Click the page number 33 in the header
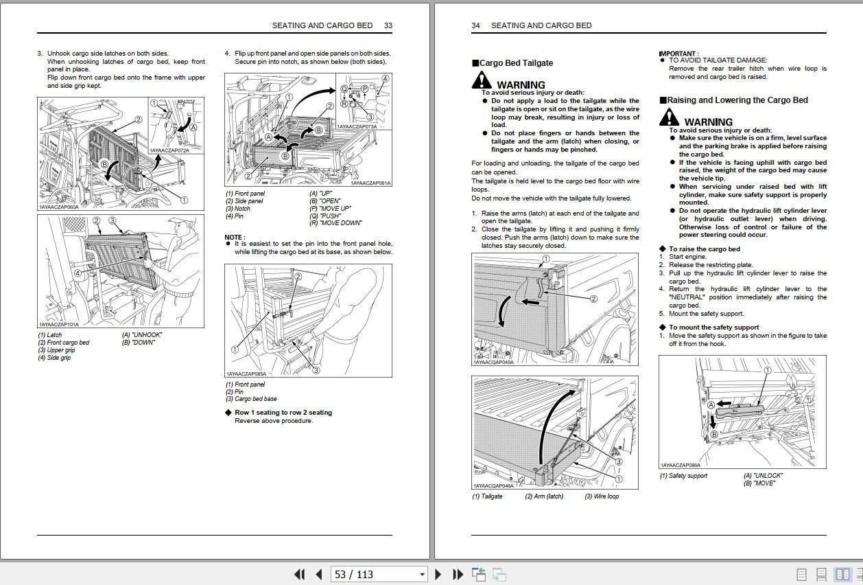click(388, 25)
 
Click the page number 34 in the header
click(475, 25)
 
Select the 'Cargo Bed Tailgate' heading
click(516, 63)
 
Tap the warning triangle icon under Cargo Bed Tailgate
click(482, 82)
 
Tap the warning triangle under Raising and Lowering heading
click(670, 118)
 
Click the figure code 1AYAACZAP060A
click(59, 207)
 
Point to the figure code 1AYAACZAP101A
click(59, 325)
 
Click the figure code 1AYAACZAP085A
click(246, 374)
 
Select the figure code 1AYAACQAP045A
click(493, 363)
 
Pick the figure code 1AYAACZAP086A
click(681, 465)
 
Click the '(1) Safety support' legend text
click(683, 476)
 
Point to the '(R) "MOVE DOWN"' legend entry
click(335, 223)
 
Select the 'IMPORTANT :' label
click(678, 53)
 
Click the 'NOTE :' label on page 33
click(235, 237)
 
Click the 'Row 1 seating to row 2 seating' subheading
click(283, 413)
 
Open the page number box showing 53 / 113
click(379, 574)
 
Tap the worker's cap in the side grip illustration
click(178, 222)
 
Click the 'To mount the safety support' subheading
click(713, 328)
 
